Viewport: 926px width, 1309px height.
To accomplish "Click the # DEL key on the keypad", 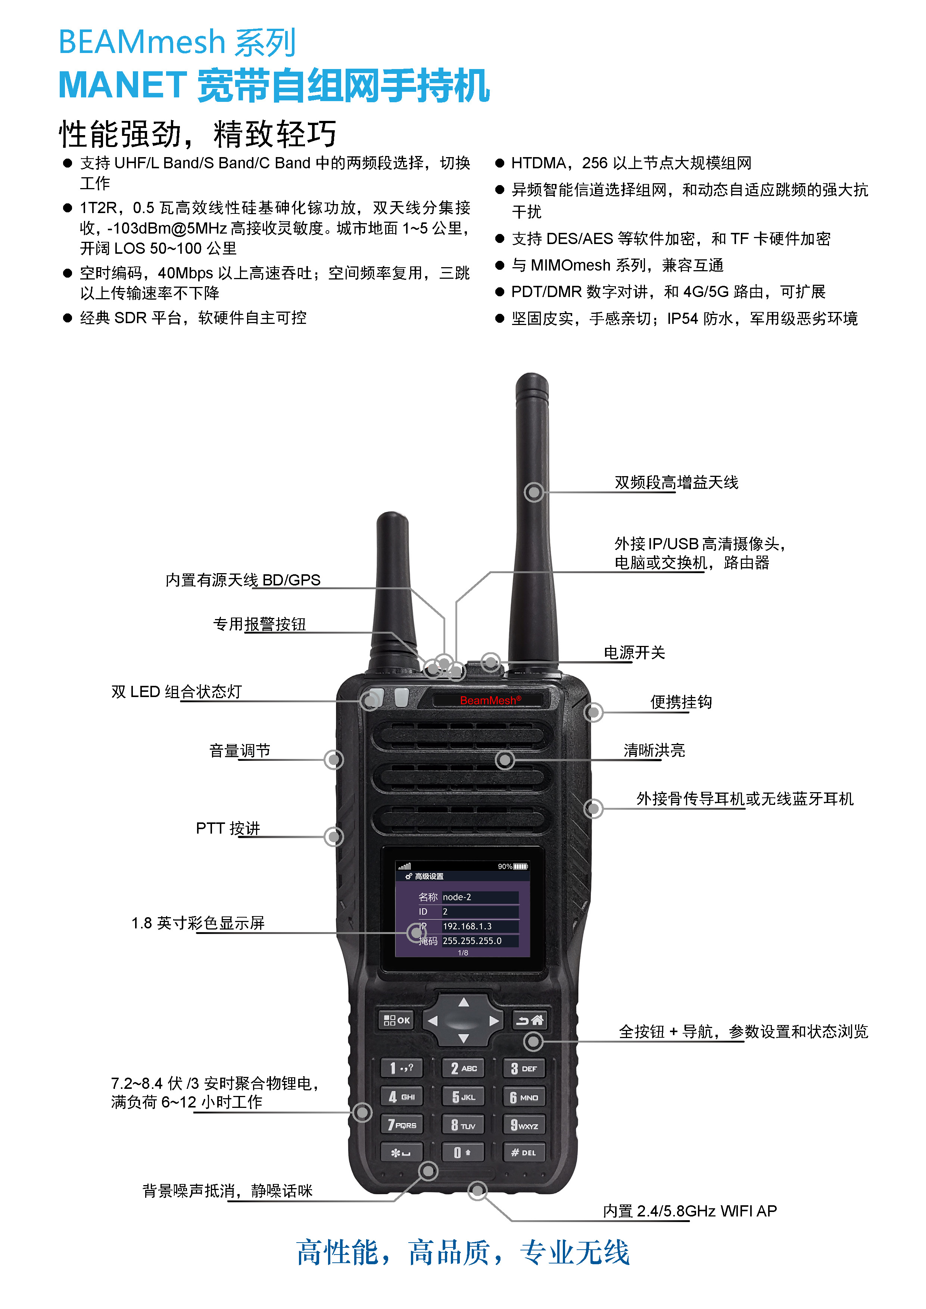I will (523, 1153).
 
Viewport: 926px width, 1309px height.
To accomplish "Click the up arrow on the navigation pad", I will (464, 1002).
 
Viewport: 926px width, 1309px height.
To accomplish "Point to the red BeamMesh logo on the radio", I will (490, 700).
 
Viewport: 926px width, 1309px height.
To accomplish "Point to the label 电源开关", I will (634, 653).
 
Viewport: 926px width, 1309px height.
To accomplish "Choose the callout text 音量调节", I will (240, 751).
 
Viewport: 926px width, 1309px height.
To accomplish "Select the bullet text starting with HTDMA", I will (631, 163).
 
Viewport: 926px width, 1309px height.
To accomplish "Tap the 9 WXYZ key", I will (523, 1125).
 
